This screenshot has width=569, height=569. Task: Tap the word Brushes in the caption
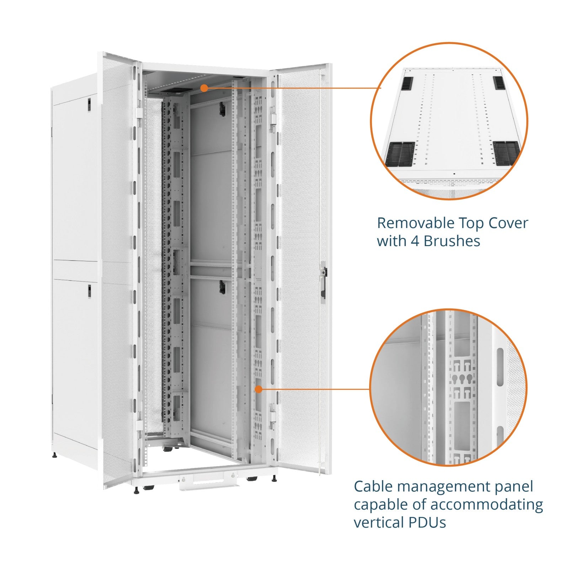452,241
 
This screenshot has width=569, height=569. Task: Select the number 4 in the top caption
415,241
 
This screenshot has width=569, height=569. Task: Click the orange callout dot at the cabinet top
204,88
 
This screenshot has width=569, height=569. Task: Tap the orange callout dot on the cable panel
259,389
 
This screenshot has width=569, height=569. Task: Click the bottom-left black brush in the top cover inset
400,154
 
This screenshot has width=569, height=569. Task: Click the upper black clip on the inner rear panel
222,108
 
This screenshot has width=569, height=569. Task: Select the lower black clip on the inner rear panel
222,287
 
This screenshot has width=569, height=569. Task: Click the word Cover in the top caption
509,223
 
